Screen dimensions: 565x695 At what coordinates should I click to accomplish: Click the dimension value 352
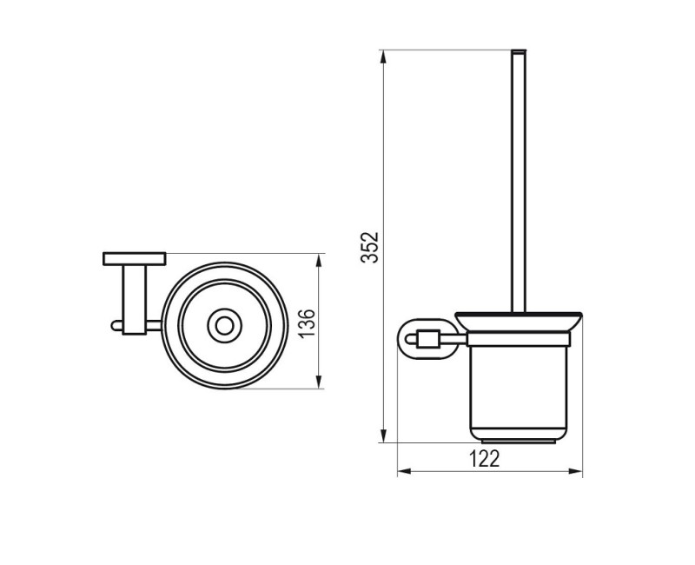tap(369, 247)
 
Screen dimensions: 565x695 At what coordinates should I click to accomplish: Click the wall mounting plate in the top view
tap(134, 258)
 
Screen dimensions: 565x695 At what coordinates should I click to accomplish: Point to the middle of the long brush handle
tap(520, 183)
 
